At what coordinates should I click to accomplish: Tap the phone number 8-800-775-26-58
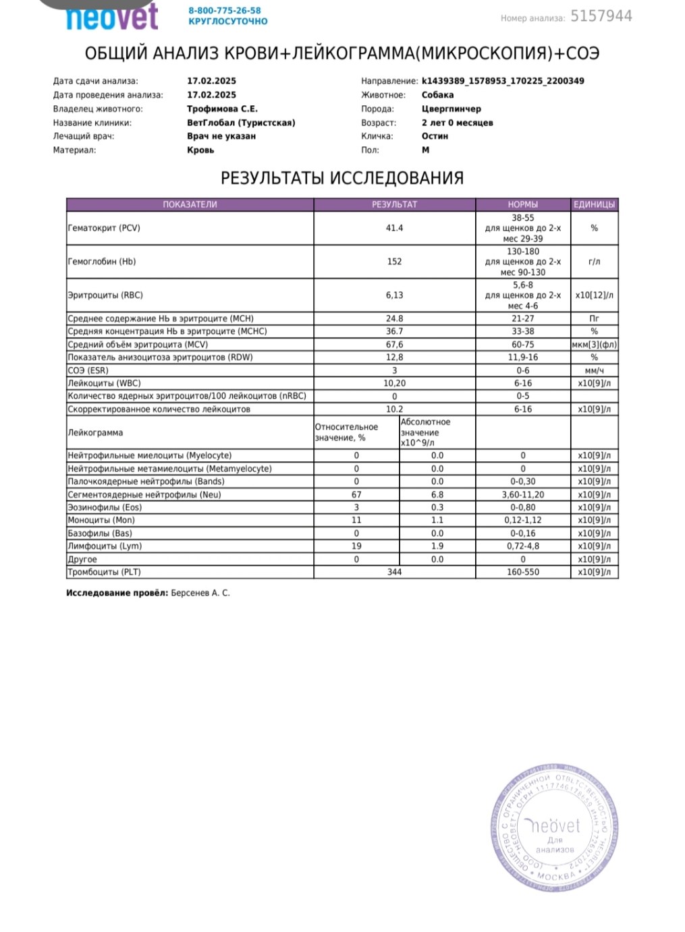coord(225,11)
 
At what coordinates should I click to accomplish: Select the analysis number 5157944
coord(601,16)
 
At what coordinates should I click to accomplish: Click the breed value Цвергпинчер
coord(451,109)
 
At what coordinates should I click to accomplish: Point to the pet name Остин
coord(435,136)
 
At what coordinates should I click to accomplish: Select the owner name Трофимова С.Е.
coord(222,109)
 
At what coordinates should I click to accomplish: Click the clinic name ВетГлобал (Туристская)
coord(241,123)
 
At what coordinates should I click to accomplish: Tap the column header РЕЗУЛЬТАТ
coord(394,204)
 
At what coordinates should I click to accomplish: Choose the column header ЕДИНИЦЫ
coord(594,204)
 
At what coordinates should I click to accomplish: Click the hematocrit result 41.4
coord(394,228)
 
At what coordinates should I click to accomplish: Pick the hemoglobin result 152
coord(394,262)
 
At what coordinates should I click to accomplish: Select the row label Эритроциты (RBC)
coord(105,295)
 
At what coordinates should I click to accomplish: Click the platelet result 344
coord(394,572)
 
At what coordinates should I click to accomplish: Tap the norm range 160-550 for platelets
coord(523,572)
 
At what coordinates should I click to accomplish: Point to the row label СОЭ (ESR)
coord(88,370)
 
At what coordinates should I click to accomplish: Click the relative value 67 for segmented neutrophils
coord(356,494)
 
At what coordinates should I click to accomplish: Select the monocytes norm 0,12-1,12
coord(523,520)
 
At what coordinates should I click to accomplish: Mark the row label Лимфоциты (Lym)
coord(105,546)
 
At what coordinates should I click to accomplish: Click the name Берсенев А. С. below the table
coord(200,593)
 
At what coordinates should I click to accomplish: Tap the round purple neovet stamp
coord(554,830)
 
